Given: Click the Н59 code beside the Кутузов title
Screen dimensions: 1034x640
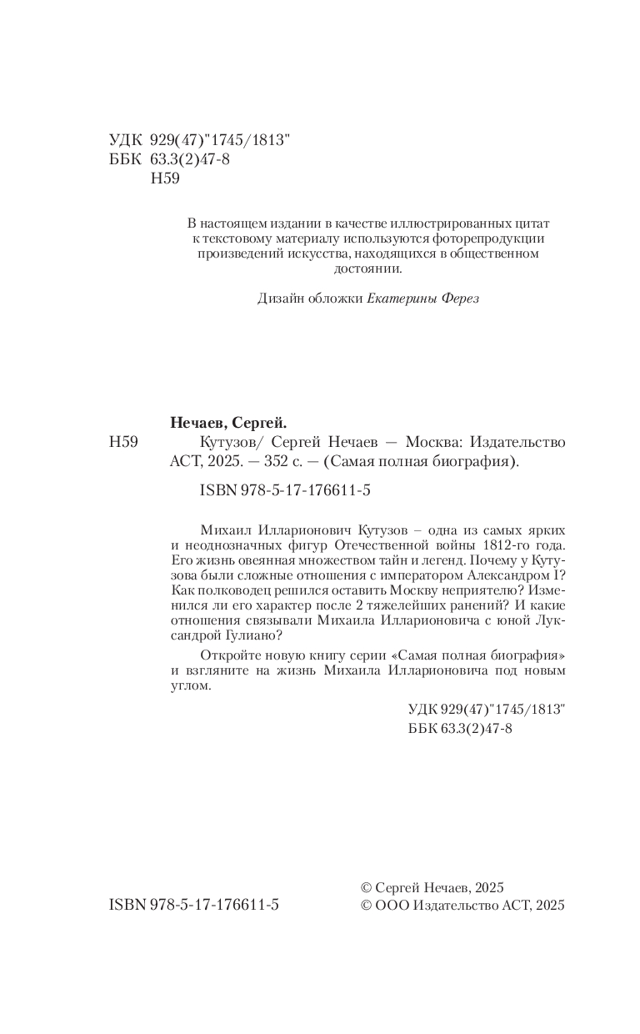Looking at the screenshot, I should (123, 442).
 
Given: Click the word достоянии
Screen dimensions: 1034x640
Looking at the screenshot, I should (367, 269).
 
